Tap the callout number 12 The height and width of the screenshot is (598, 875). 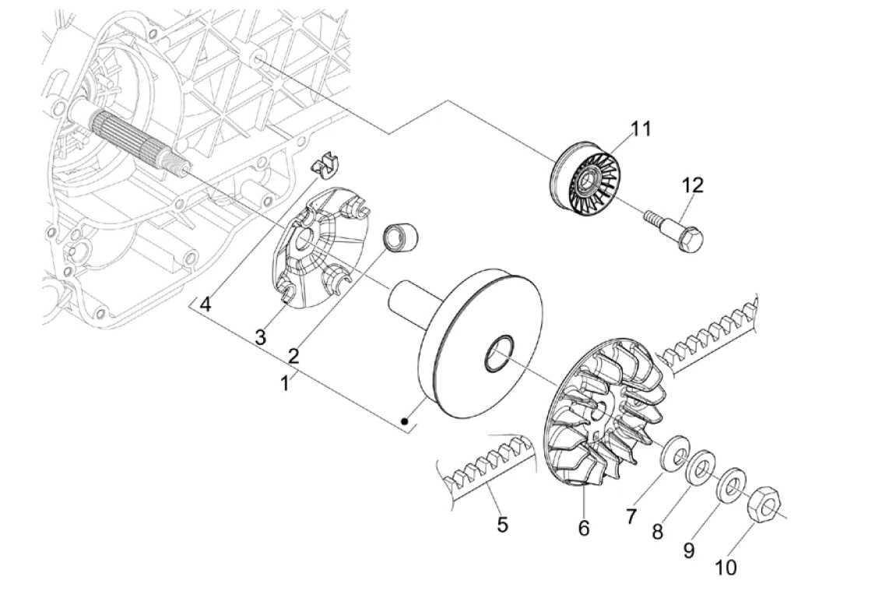[x=692, y=185]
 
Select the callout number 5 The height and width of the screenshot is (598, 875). [x=502, y=525]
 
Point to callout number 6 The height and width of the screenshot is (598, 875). [x=584, y=528]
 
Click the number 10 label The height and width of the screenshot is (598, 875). [x=725, y=568]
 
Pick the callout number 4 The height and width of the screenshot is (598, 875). [x=206, y=304]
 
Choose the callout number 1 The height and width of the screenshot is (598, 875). [x=286, y=383]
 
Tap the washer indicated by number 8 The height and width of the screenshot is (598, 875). [x=701, y=469]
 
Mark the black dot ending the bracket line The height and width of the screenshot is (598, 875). [x=405, y=421]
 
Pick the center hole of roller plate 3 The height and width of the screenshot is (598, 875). [x=305, y=241]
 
